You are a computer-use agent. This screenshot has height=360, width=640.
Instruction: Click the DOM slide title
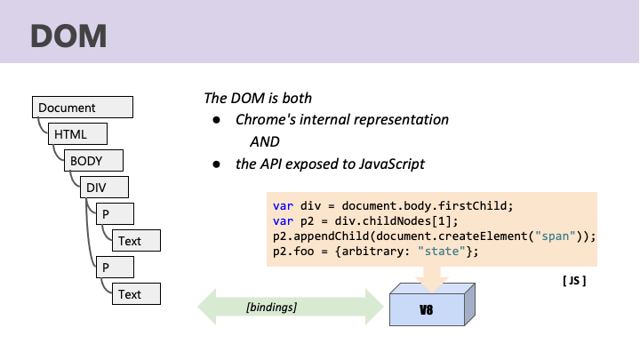click(x=68, y=36)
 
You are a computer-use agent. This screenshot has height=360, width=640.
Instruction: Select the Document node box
click(x=83, y=108)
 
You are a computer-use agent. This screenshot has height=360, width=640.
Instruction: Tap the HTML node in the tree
click(x=77, y=134)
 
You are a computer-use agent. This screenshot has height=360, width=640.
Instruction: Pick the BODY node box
click(x=93, y=160)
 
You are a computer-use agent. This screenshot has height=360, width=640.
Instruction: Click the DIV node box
click(x=104, y=187)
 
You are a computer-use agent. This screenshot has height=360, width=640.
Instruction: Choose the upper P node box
click(x=115, y=214)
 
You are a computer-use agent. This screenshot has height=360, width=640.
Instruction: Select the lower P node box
click(x=115, y=268)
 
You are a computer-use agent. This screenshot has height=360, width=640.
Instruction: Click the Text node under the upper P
click(x=136, y=240)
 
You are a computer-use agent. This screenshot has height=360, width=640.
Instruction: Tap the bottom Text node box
click(x=136, y=294)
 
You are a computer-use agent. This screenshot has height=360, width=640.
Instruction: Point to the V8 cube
click(x=432, y=305)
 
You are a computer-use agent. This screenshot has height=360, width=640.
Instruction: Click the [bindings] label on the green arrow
click(x=271, y=307)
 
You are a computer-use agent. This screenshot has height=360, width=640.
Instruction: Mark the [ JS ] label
click(x=574, y=281)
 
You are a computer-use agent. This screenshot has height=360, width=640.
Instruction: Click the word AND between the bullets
click(x=265, y=141)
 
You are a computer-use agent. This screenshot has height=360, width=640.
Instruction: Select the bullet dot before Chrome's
click(x=216, y=120)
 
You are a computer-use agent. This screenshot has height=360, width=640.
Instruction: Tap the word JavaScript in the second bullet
click(x=392, y=164)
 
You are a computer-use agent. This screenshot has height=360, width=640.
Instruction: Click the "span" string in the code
click(x=555, y=236)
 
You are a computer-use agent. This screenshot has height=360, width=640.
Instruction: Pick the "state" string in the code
click(x=442, y=252)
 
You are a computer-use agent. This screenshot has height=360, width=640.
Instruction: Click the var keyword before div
click(x=283, y=206)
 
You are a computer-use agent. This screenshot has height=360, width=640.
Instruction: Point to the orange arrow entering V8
click(x=432, y=279)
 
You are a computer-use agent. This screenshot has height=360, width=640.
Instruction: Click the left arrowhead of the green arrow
click(x=207, y=307)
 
